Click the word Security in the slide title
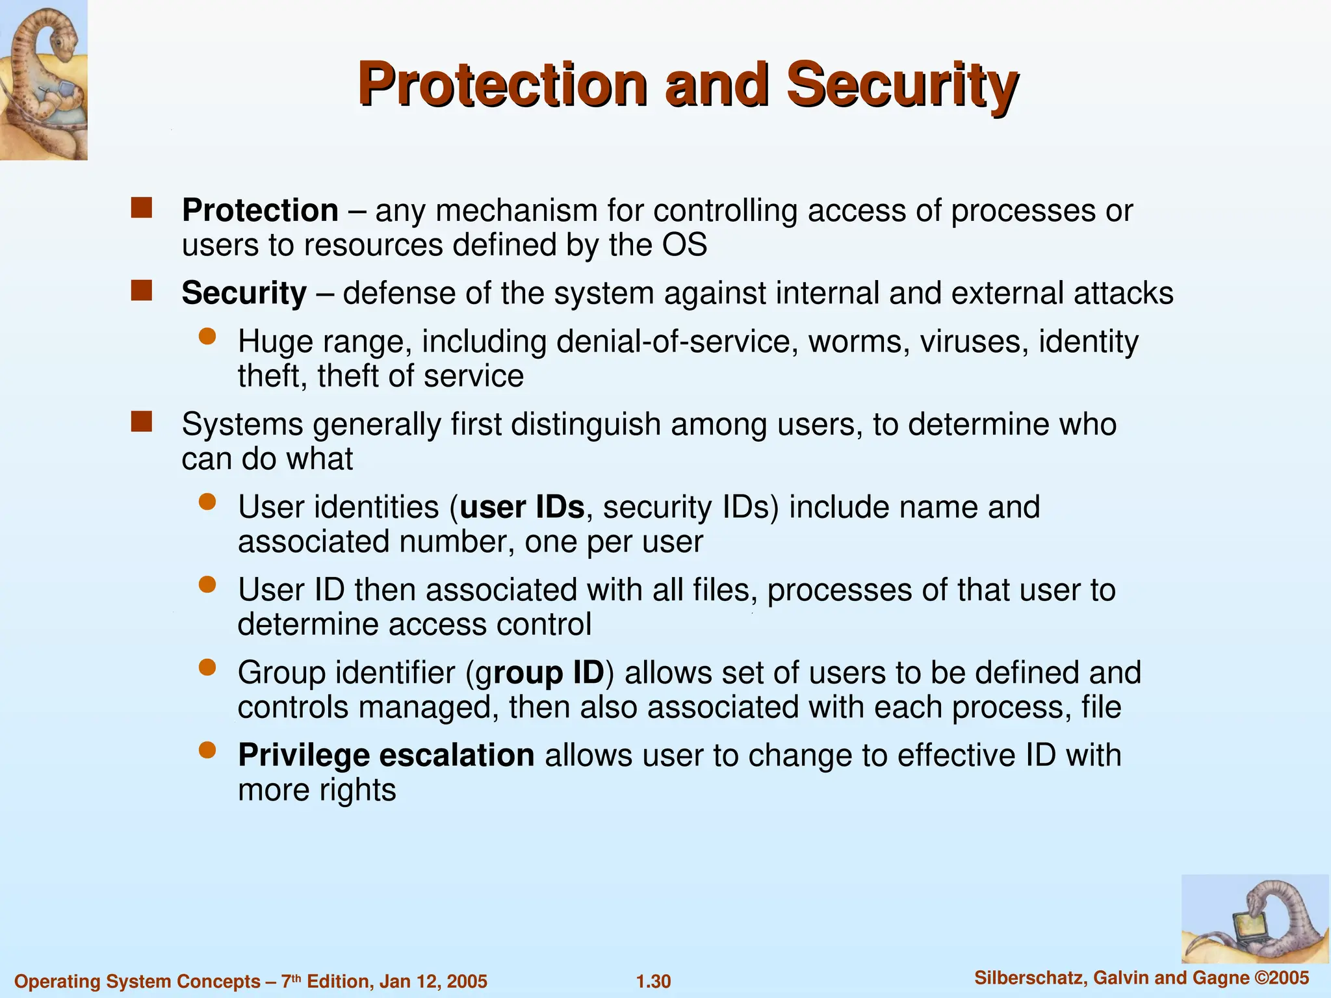coord(902,84)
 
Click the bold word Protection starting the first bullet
coord(260,211)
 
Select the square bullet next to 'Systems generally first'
coord(141,422)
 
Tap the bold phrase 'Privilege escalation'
coord(386,755)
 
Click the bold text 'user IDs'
coord(522,507)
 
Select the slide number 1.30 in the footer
coord(653,981)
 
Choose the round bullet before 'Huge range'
coord(207,336)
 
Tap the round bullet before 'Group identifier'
coord(207,667)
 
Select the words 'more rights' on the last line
coord(317,790)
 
